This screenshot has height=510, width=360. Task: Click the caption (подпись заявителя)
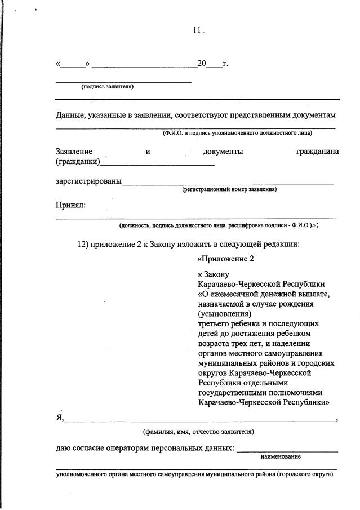pyautogui.click(x=107, y=87)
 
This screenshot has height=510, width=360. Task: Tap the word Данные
pyautogui.click(x=70, y=115)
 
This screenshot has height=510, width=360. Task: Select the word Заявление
pyautogui.click(x=74, y=152)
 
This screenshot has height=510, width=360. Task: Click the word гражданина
pyautogui.click(x=317, y=152)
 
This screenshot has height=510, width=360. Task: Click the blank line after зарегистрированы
pyautogui.click(x=228, y=183)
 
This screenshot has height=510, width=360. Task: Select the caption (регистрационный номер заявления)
pyautogui.click(x=229, y=190)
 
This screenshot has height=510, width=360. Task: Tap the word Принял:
pyautogui.click(x=70, y=205)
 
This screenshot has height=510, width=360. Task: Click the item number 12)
pyautogui.click(x=83, y=244)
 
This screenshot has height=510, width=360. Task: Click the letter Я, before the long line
pyautogui.click(x=60, y=418)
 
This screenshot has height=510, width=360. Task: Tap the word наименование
pyautogui.click(x=281, y=456)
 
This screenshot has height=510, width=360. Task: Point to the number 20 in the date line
pyautogui.click(x=202, y=64)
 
